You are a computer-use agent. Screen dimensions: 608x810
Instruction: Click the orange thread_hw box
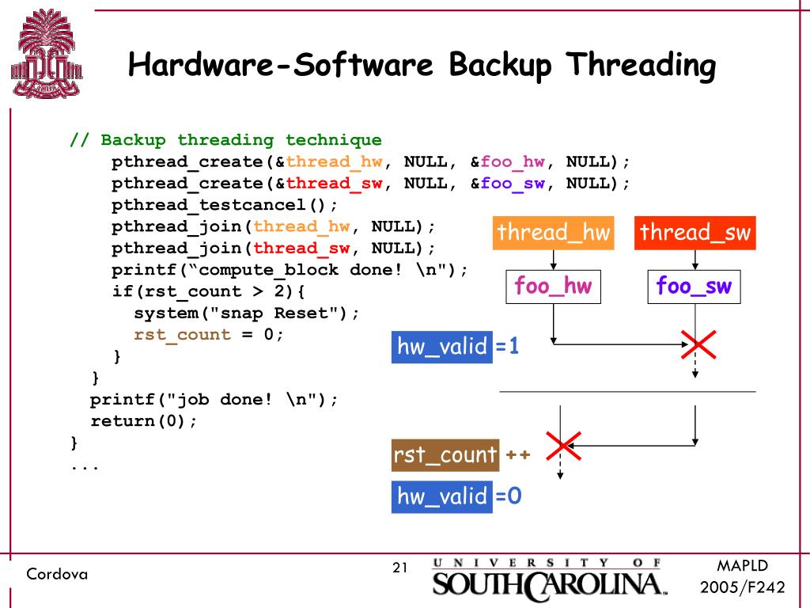click(554, 233)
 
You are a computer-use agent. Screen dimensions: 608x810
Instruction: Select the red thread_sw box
click(695, 233)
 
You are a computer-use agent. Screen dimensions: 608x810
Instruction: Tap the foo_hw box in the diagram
click(553, 287)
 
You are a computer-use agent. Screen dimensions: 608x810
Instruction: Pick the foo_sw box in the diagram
click(695, 287)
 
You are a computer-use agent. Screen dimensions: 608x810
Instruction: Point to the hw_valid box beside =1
click(442, 347)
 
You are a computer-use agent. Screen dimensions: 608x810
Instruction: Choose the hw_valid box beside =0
click(442, 496)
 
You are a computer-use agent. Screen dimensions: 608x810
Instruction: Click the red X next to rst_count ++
click(563, 446)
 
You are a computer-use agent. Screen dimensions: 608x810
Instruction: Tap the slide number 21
click(399, 568)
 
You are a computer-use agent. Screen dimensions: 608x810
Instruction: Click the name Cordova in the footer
click(57, 574)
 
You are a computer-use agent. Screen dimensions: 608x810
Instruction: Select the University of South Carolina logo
click(548, 577)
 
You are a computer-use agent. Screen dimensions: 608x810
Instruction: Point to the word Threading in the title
click(640, 64)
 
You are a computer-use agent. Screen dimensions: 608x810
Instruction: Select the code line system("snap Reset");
click(246, 313)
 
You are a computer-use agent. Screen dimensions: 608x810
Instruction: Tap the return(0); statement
click(143, 420)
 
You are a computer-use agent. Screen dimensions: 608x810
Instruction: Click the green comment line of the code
click(226, 140)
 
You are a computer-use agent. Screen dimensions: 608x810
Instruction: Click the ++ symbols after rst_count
click(517, 455)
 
